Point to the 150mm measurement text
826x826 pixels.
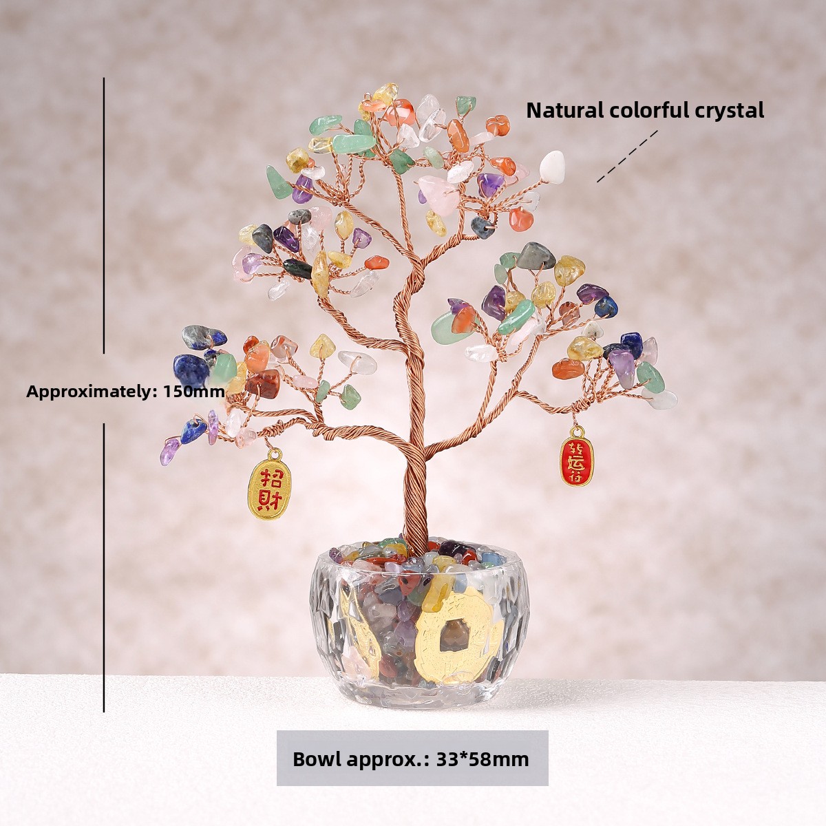coord(194,392)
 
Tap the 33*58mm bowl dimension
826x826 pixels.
coord(483,759)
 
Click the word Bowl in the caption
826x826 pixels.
coord(317,759)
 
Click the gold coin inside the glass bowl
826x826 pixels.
coord(448,630)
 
